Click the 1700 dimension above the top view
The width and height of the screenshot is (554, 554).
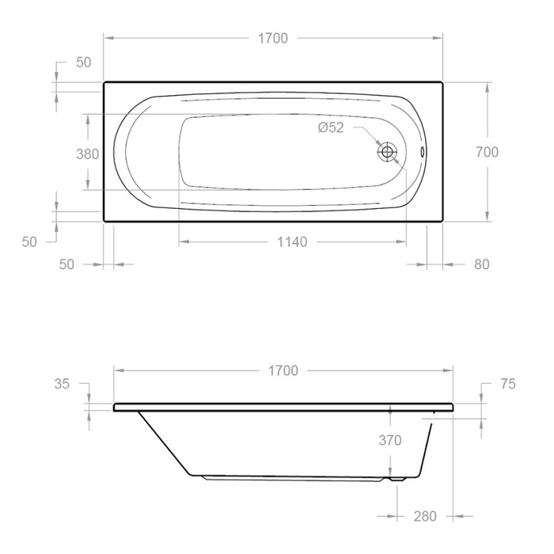pyautogui.click(x=273, y=38)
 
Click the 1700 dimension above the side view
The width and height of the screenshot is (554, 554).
pyautogui.click(x=283, y=370)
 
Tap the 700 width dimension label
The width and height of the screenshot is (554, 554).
pyautogui.click(x=488, y=152)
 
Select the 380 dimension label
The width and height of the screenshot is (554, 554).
pyautogui.click(x=88, y=154)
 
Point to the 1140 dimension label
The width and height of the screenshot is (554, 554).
pyautogui.click(x=292, y=242)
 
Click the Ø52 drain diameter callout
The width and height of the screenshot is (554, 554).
pyautogui.click(x=331, y=127)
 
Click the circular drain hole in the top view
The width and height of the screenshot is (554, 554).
pyautogui.click(x=387, y=152)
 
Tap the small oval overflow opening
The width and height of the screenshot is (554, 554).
pyautogui.click(x=422, y=152)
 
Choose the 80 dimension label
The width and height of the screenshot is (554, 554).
pyautogui.click(x=481, y=264)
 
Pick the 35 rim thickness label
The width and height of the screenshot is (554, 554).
pyautogui.click(x=62, y=384)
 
